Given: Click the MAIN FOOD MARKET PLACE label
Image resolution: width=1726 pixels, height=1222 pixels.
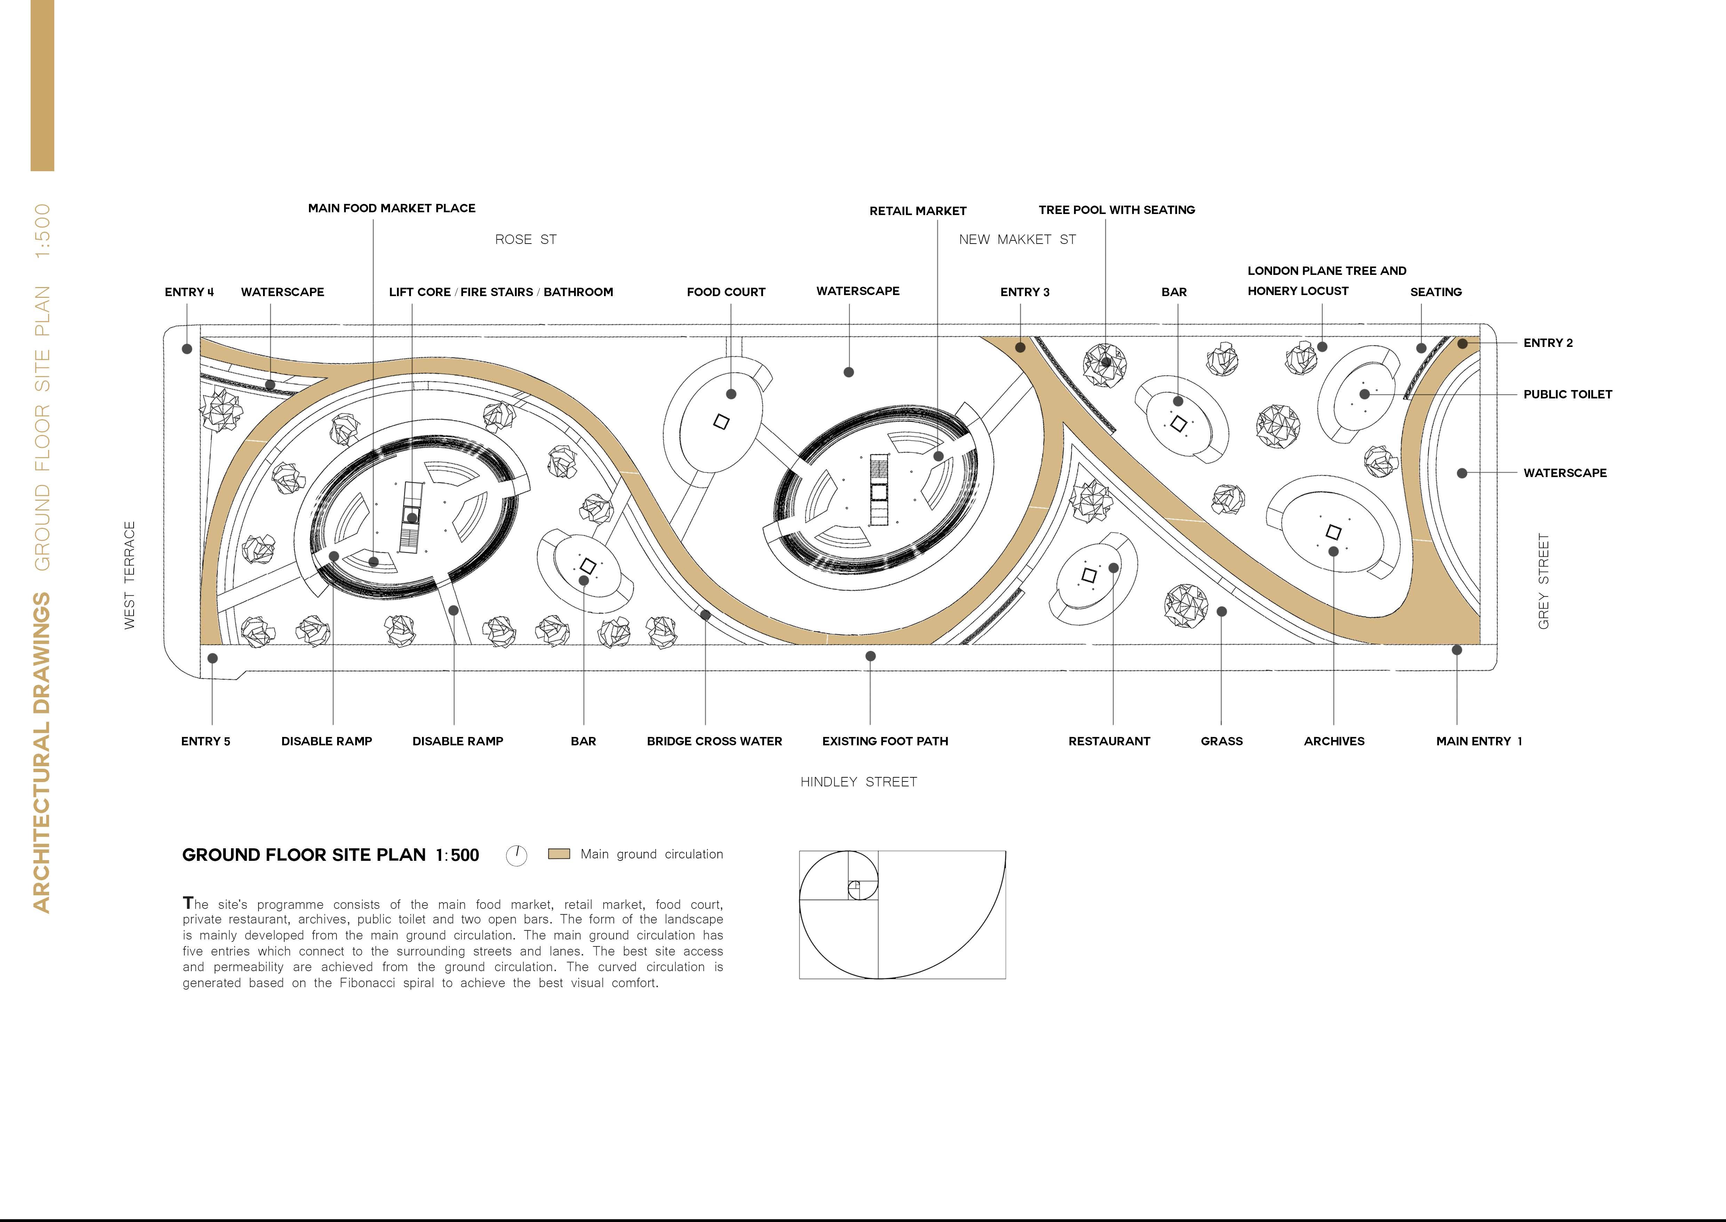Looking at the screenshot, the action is point(391,208).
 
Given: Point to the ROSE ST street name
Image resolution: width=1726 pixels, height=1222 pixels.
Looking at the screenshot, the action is point(525,239).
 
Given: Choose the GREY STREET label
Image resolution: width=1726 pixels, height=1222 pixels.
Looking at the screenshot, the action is point(1543,581).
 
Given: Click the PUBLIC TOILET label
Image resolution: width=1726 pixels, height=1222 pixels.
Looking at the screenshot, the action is point(1567,394).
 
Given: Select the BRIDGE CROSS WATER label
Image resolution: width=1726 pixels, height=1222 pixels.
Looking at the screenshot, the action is point(714,741).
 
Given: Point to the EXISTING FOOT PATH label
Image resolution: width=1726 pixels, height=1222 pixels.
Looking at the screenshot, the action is point(885,741).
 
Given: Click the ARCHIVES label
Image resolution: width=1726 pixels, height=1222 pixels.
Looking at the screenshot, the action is point(1333,741).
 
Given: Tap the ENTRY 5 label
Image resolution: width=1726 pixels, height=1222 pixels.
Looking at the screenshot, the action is point(205,741).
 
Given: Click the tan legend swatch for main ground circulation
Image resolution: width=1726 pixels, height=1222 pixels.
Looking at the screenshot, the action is point(558,854).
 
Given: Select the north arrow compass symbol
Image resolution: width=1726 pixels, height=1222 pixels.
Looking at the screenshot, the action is point(516,856).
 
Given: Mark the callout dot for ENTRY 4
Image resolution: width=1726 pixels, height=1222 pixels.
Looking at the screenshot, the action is point(186,349).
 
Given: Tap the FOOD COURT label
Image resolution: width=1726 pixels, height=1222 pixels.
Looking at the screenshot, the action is point(725,292).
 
